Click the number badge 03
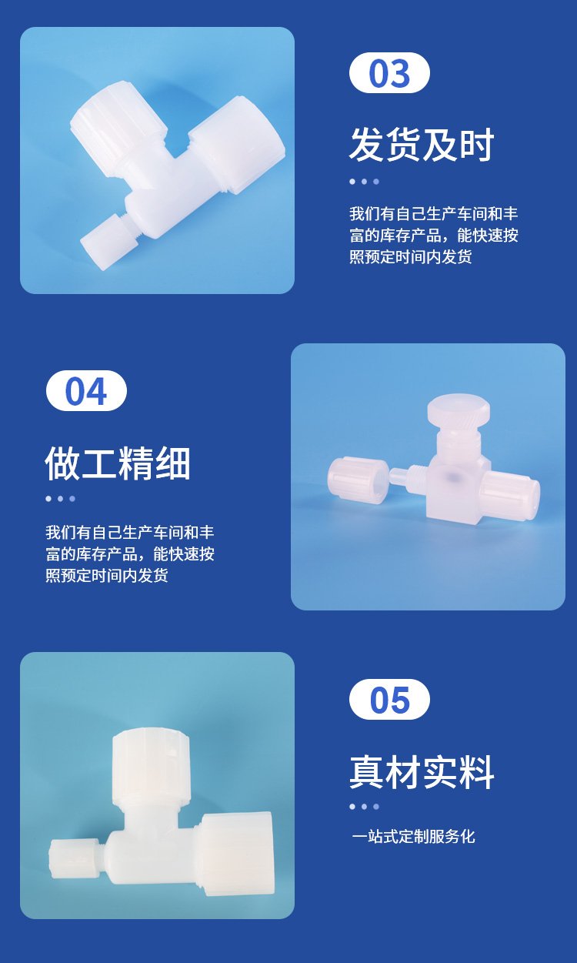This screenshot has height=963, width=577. point(389,72)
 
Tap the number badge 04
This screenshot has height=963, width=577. point(86,390)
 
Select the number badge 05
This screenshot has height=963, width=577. point(389,700)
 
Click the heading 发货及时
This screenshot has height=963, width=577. point(422,144)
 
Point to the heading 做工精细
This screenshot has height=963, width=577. point(118,463)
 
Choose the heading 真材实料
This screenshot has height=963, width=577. point(422,772)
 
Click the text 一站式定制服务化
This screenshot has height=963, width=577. point(414,836)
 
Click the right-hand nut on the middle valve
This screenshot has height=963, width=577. point(509,494)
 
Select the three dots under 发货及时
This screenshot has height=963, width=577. point(365,182)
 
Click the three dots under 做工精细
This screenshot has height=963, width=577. point(61,499)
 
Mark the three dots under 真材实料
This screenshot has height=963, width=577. point(365,807)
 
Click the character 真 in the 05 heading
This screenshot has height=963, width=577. point(367,772)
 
